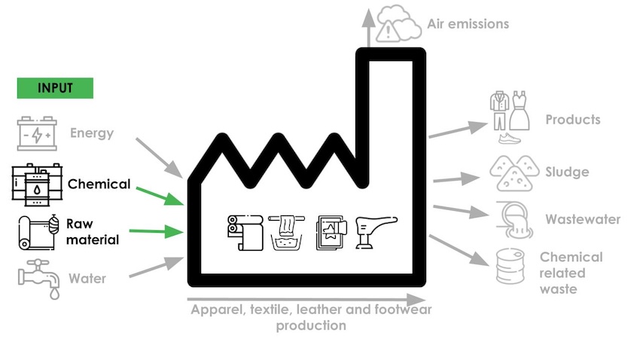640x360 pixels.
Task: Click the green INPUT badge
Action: pyautogui.click(x=55, y=88)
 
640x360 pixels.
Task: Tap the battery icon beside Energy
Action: pyautogui.click(x=36, y=135)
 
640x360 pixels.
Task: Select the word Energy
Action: pyautogui.click(x=92, y=134)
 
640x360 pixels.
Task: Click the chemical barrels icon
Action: pyautogui.click(x=33, y=184)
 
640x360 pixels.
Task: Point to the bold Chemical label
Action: pyautogui.click(x=99, y=184)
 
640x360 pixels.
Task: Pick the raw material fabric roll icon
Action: pyautogui.click(x=36, y=233)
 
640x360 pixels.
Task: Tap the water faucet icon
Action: pyautogui.click(x=38, y=279)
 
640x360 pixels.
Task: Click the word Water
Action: pyautogui.click(x=87, y=279)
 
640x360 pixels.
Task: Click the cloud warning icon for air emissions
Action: pyautogui.click(x=398, y=22)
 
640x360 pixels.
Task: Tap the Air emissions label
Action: pyautogui.click(x=468, y=24)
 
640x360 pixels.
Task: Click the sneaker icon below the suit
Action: pyautogui.click(x=510, y=139)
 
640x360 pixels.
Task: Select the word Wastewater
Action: pyautogui.click(x=584, y=220)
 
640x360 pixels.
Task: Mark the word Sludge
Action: pyautogui.click(x=568, y=172)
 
